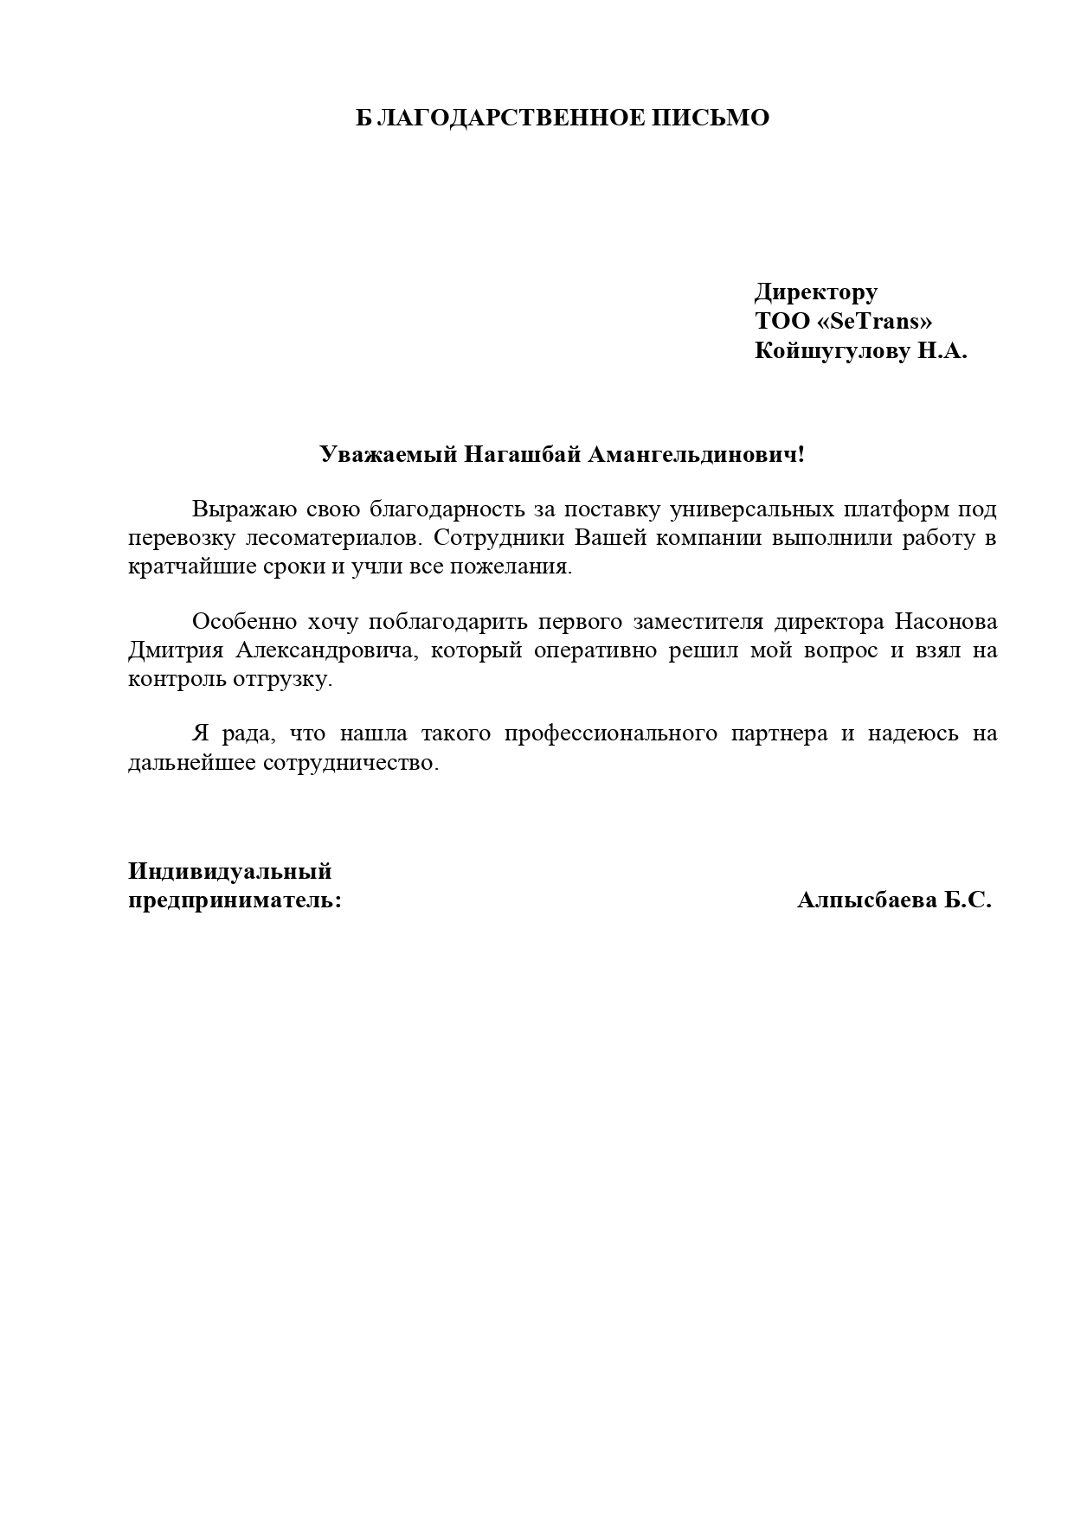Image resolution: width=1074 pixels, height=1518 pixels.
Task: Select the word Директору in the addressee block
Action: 815,291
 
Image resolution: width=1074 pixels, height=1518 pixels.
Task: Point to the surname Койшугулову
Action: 833,351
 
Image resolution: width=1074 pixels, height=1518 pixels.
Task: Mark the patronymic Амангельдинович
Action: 696,454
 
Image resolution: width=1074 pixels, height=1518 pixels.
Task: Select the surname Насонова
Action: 945,622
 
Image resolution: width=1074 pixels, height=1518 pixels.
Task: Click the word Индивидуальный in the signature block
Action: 230,871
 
